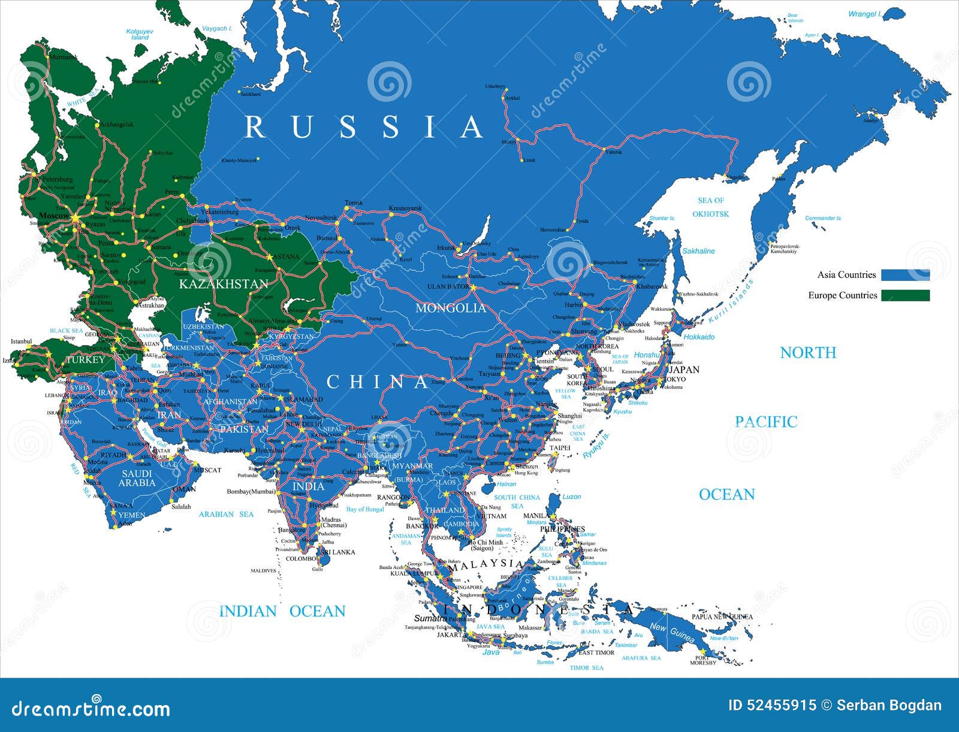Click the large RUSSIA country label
pyautogui.click(x=364, y=127)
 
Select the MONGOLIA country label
pyautogui.click(x=451, y=308)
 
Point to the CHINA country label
pyautogui.click(x=378, y=382)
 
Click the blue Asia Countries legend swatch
pyautogui.click(x=905, y=275)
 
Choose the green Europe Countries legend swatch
pyautogui.click(x=905, y=295)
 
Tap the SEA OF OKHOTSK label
pyautogui.click(x=710, y=207)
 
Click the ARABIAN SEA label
pyautogui.click(x=226, y=514)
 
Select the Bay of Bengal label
pyautogui.click(x=364, y=509)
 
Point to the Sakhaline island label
pyautogui.click(x=698, y=251)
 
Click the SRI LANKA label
pyautogui.click(x=337, y=552)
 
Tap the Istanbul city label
pyautogui.click(x=21, y=341)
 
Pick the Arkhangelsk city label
pyautogui.click(x=116, y=125)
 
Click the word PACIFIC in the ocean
pyautogui.click(x=766, y=422)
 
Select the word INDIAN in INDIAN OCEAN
pyautogui.click(x=248, y=612)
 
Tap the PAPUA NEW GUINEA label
pyautogui.click(x=722, y=616)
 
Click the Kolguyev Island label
pyautogui.click(x=140, y=34)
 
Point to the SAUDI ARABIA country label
pyautogui.click(x=137, y=478)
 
